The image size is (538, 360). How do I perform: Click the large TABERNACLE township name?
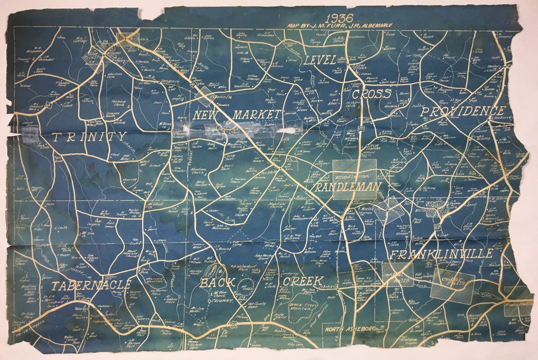pos(91,285)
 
